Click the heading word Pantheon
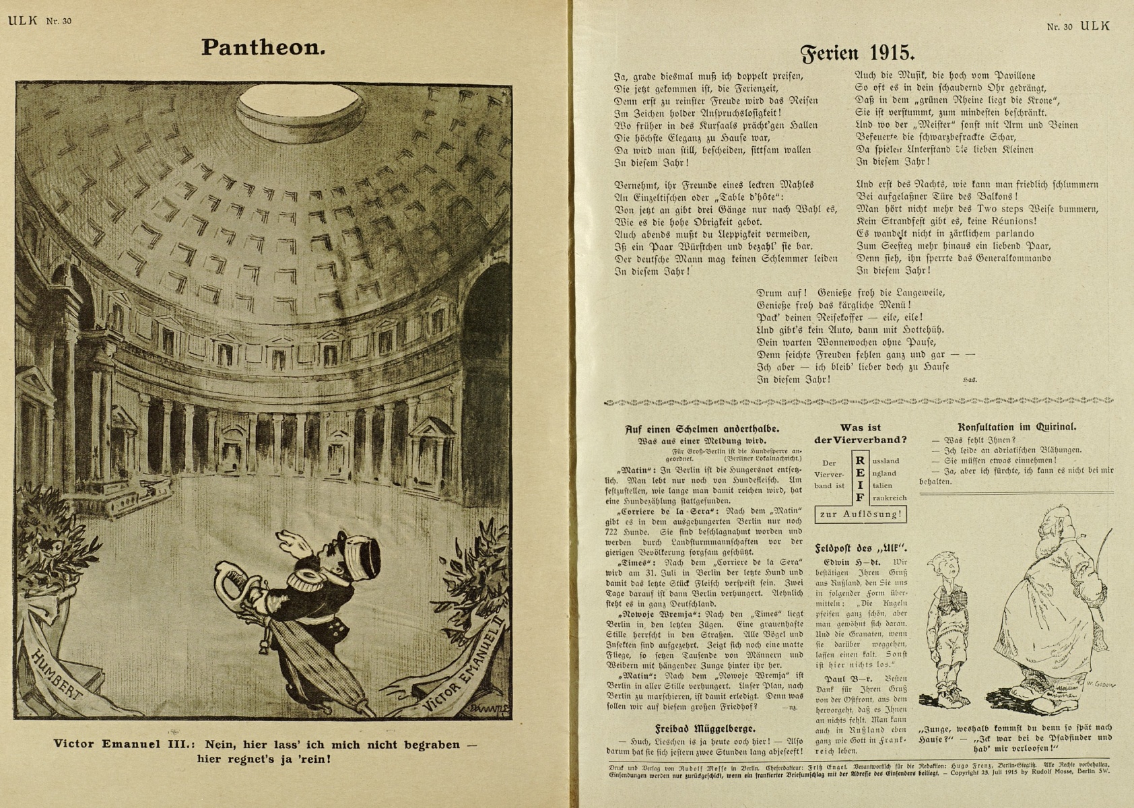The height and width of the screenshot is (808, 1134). (x=263, y=47)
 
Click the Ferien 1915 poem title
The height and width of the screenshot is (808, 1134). (x=857, y=53)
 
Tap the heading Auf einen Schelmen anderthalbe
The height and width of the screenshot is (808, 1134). (x=702, y=428)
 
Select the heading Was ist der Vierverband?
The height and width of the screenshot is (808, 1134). (x=860, y=434)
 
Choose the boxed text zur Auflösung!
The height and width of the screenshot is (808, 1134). (x=860, y=514)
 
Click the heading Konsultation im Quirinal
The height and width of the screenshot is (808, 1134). (x=1016, y=427)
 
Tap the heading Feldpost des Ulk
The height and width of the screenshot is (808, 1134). (x=860, y=547)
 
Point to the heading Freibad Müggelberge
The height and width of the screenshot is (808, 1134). (x=705, y=729)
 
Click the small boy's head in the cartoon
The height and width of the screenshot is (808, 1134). (x=943, y=570)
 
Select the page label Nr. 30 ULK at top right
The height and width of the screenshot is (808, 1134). (x=1077, y=26)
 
